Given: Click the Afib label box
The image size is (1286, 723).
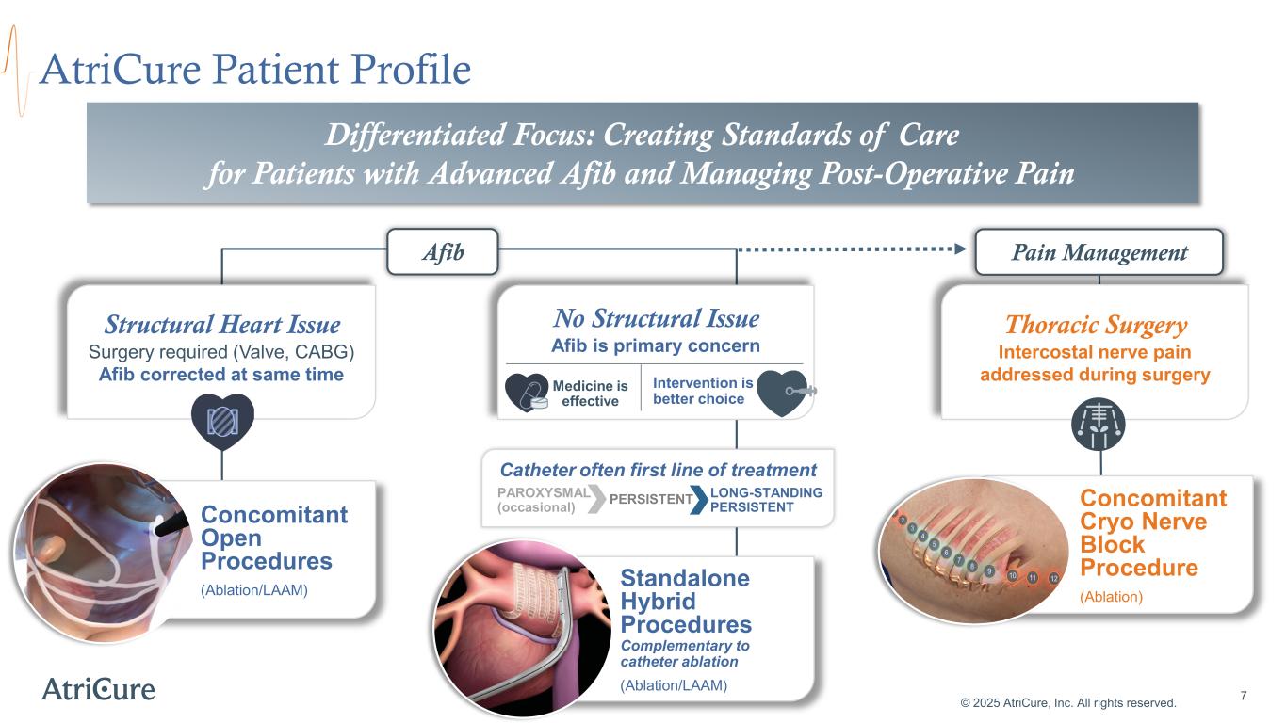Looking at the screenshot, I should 443,251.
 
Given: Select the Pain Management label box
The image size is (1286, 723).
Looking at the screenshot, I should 1099,252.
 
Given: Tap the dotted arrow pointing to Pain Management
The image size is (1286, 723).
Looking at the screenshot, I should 852,249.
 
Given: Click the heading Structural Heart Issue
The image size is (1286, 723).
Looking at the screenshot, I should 222,325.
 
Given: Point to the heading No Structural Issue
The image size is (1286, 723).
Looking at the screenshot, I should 656,318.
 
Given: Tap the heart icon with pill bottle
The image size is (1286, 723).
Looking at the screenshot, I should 527,393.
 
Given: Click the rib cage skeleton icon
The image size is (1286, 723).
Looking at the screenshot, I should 1099,426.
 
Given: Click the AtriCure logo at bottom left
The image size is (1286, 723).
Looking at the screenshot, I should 98,688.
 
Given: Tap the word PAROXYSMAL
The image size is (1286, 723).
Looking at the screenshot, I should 543,492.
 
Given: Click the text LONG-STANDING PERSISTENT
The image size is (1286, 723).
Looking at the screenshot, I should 765,500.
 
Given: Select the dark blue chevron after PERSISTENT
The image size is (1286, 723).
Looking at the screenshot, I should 698,500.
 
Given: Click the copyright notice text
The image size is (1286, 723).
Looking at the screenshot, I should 1068,702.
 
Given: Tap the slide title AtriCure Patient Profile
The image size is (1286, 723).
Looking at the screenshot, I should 254,69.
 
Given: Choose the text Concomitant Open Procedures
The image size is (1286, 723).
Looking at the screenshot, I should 273,538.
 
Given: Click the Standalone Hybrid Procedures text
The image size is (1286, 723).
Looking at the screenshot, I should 685,602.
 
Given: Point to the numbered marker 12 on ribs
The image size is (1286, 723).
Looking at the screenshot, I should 1054,577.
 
